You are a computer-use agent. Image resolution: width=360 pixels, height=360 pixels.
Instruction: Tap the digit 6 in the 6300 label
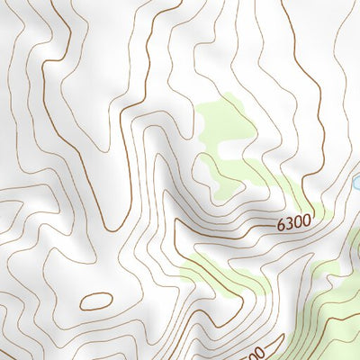pos(282,222)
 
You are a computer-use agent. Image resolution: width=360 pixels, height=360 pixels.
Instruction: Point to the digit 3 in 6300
pos(290,221)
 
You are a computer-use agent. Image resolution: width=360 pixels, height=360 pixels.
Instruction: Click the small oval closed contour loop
pos(96,301)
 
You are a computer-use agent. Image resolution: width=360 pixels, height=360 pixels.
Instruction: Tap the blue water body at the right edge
pos(355,184)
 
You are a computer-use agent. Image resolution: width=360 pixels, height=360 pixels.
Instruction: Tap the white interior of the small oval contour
pos(96,301)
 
